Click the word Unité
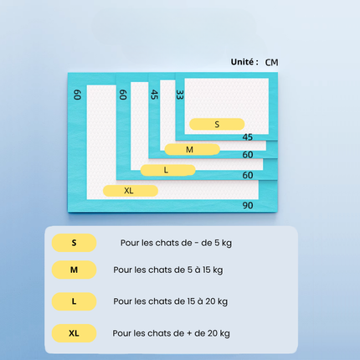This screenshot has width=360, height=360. click(244, 62)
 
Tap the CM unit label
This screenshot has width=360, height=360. click(273, 62)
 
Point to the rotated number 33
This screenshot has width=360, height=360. click(179, 95)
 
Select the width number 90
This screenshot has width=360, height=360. click(248, 205)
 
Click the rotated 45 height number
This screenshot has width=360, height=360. click(154, 95)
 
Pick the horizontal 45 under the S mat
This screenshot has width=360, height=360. click(247, 137)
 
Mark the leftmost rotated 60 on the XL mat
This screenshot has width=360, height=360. click(77, 95)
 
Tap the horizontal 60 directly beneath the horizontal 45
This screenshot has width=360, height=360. click(247, 155)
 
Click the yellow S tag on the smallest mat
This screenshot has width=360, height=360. click(217, 124)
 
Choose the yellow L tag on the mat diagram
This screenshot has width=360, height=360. click(167, 170)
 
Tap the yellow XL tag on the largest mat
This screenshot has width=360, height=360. click(130, 191)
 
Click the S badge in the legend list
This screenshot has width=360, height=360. click(74, 243)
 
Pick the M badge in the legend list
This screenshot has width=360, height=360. click(74, 270)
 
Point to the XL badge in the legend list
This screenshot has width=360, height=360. click(74, 333)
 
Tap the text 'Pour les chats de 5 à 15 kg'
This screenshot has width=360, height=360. click(168, 270)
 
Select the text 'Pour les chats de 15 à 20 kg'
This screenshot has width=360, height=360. click(170, 301)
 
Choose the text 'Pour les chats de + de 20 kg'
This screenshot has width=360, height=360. click(171, 333)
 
